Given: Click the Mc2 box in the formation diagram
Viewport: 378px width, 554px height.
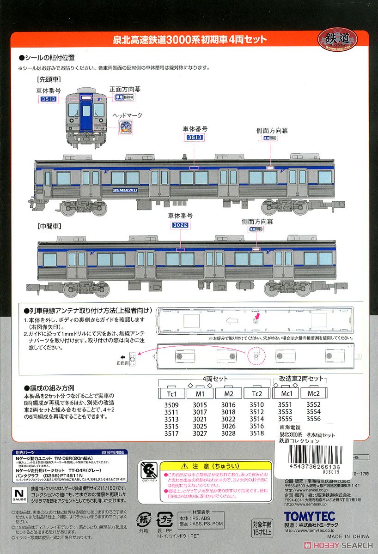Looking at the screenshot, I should [314, 394].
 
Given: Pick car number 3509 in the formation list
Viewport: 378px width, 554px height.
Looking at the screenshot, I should [171, 405].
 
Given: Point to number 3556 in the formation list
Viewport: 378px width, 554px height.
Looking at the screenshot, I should [313, 419].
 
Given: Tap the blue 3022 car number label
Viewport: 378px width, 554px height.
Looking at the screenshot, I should [181, 225].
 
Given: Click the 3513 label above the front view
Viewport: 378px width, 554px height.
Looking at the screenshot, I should [48, 99].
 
